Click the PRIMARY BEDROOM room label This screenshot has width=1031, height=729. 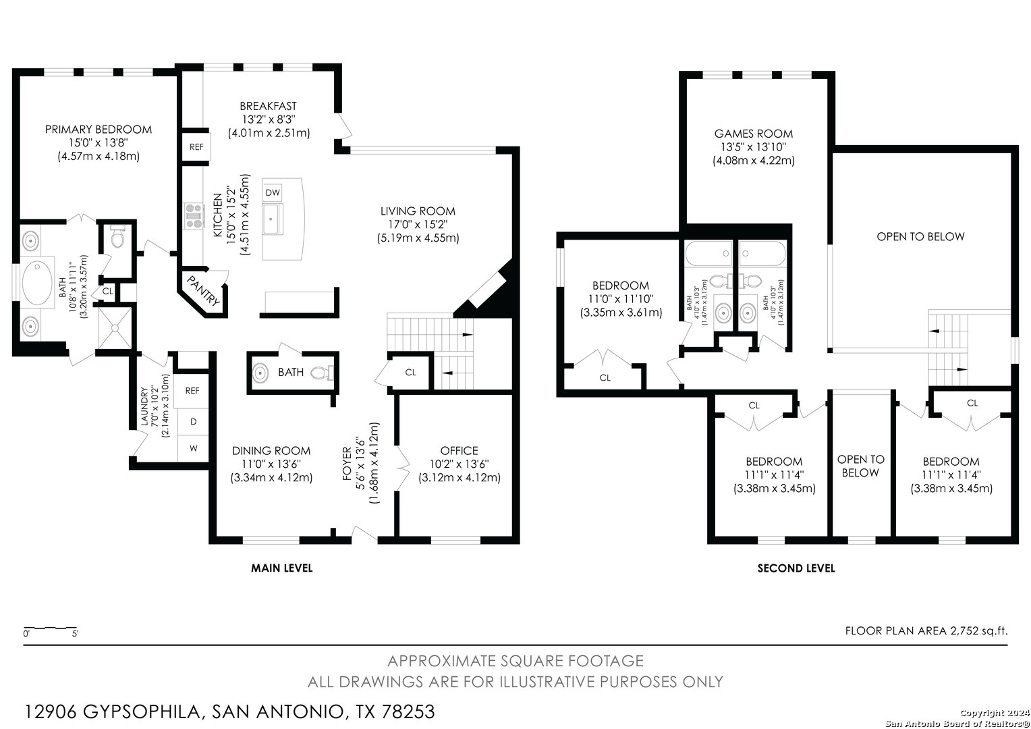(x=99, y=130)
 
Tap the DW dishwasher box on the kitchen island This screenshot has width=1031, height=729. (x=273, y=192)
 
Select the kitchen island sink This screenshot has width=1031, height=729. (x=273, y=219)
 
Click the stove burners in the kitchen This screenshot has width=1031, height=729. (x=194, y=215)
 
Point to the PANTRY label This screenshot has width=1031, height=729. (x=203, y=291)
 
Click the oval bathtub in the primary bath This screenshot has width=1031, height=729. (x=38, y=283)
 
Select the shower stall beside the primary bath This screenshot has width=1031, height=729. (x=115, y=328)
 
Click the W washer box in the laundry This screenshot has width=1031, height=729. (x=193, y=448)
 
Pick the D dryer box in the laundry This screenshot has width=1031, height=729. (x=193, y=422)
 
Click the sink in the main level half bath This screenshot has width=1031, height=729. (x=260, y=372)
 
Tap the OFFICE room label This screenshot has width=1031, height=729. (x=459, y=450)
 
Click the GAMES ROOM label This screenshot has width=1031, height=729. (x=754, y=134)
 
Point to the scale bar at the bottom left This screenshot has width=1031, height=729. (x=51, y=628)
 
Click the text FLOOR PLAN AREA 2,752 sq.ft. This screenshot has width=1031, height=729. (x=926, y=631)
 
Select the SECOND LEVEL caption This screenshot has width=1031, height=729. (x=796, y=568)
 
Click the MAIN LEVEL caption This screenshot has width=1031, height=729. (x=281, y=568)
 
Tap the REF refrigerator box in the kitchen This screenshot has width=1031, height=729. (x=196, y=147)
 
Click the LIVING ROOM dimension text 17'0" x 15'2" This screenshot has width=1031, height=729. (x=418, y=224)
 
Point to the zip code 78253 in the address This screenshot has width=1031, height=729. (x=409, y=711)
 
